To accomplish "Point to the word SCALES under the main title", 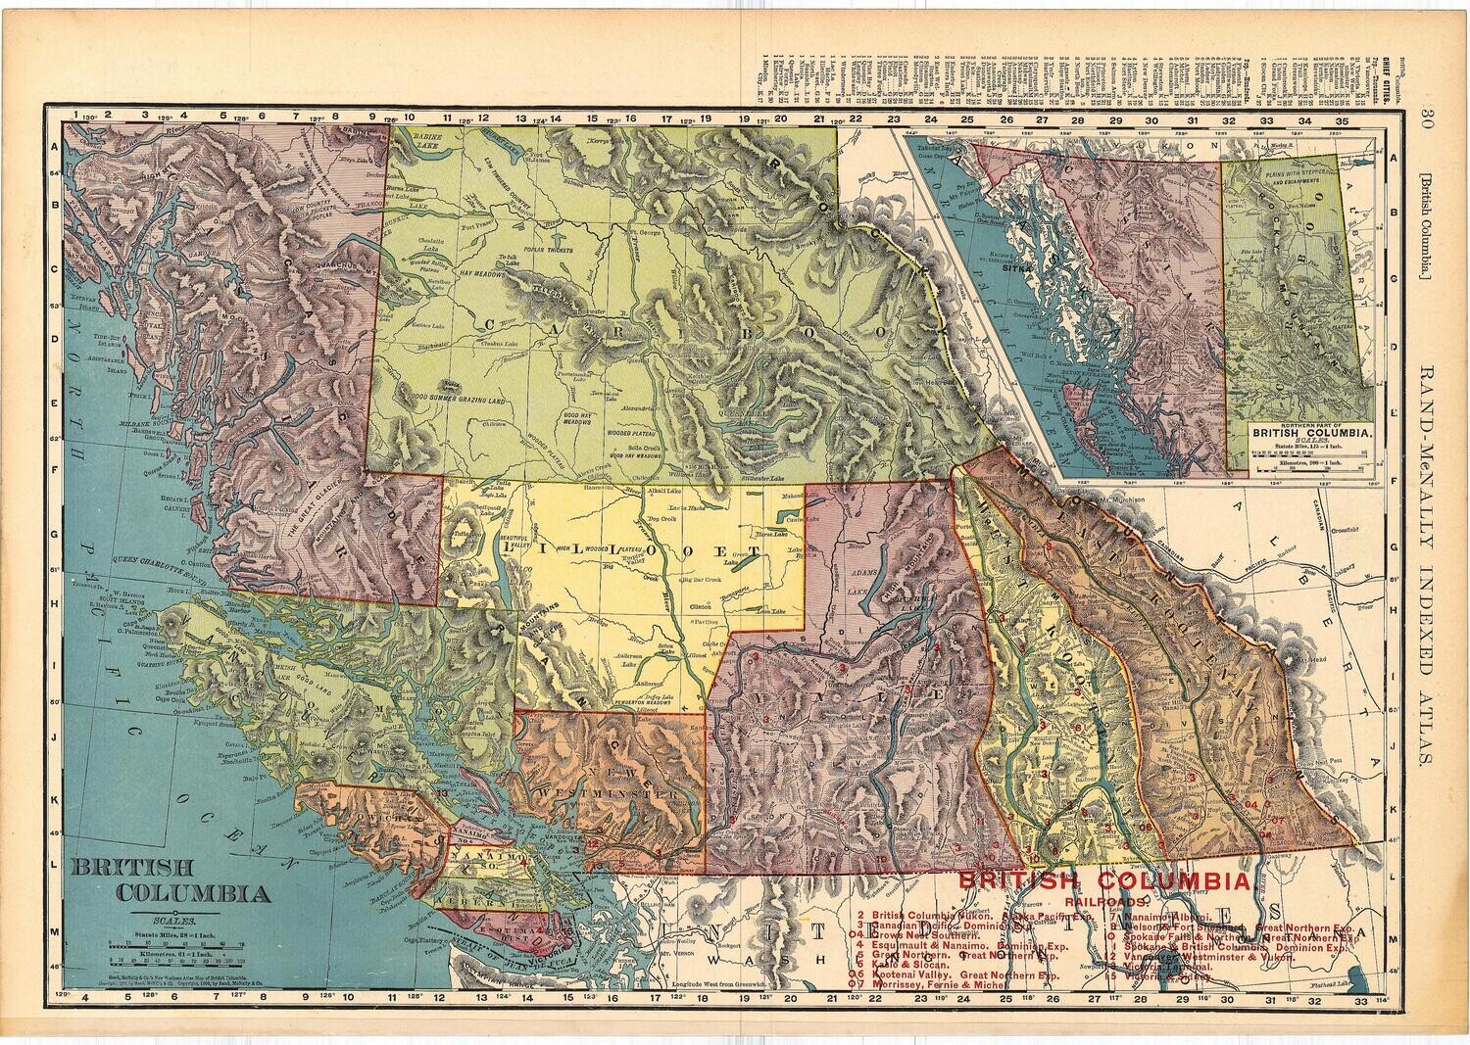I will (x=172, y=921).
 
